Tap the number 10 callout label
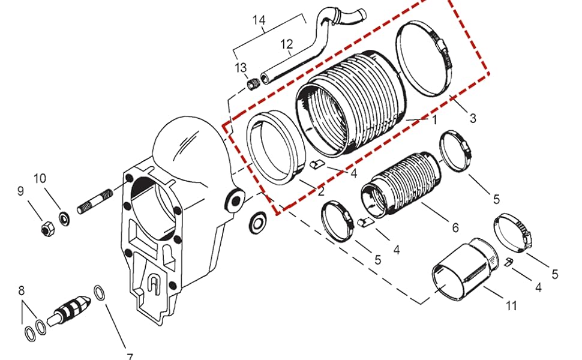39,178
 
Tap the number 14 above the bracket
259,20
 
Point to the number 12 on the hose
286,44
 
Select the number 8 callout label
22,291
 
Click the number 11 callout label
511,306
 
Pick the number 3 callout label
473,118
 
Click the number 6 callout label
455,227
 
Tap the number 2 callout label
321,192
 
